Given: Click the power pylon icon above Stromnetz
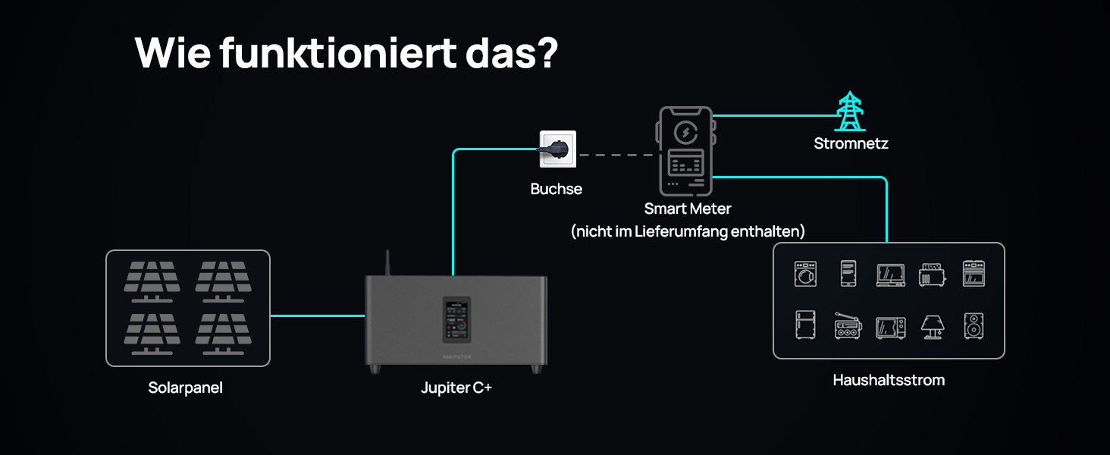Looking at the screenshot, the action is [850, 111].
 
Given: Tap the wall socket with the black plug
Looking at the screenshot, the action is [558, 149].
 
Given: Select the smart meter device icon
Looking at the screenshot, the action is [686, 151].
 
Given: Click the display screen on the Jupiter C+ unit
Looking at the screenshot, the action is [456, 320].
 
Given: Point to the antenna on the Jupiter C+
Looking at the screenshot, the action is [387, 262].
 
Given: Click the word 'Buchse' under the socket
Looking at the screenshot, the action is [556, 189].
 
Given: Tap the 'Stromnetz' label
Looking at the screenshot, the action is [851, 144].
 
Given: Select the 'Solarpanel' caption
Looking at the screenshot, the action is [185, 388].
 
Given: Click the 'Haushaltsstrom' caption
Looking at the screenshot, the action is [889, 380].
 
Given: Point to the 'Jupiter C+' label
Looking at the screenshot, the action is [456, 388].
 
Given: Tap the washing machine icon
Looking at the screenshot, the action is [805, 274].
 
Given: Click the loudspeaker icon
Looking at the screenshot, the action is [974, 326].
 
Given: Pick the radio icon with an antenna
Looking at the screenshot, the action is [848, 326].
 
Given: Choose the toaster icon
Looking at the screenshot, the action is [932, 275].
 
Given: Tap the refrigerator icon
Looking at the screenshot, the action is [805, 325].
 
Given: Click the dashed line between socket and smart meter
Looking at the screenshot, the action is [616, 155].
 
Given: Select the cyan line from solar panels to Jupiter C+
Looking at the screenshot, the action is [318, 315].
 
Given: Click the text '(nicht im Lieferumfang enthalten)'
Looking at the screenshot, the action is [688, 231].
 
